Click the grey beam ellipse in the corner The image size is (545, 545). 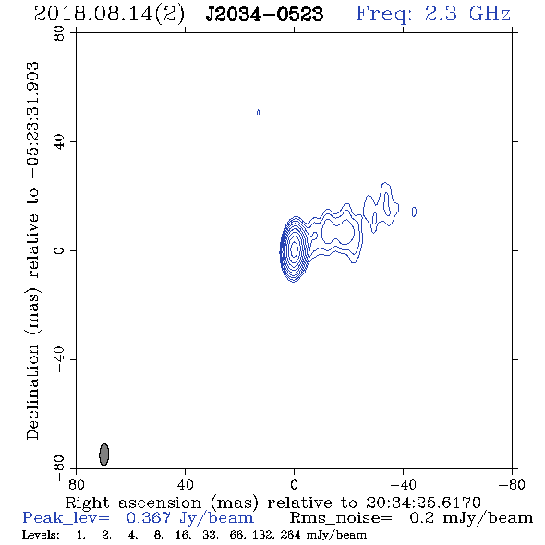coord(104,454)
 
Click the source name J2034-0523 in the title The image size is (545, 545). coord(264,15)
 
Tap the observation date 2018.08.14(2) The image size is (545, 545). coord(109,15)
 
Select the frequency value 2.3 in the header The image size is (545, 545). coord(441,14)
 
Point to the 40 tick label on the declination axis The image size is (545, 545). coord(59,142)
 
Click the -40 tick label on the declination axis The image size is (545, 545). coord(59,359)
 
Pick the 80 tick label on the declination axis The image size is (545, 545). coord(59,33)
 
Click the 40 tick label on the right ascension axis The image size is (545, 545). coord(185,484)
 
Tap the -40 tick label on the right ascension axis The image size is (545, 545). coord(403,484)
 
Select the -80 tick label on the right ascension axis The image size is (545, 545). coord(512,484)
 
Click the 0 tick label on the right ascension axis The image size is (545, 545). coord(294,484)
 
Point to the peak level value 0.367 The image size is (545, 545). coord(149,518)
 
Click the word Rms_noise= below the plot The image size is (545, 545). coord(341,518)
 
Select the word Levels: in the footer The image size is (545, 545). coord(41,534)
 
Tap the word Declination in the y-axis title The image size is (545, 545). coord(32,393)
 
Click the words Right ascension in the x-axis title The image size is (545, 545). coord(133,503)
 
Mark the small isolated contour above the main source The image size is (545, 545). coord(258,113)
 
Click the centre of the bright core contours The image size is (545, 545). coord(294,248)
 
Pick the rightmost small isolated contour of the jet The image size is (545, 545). coord(414,212)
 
